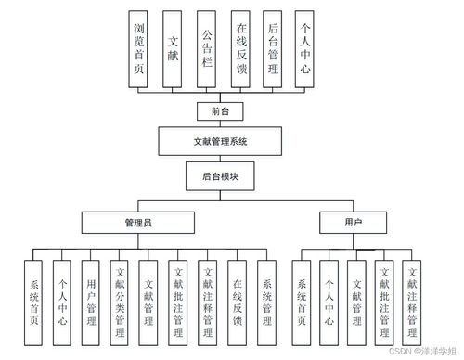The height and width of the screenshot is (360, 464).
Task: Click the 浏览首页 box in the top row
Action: pos(139,49)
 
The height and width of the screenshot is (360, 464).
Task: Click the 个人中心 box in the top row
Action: pos(305,49)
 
